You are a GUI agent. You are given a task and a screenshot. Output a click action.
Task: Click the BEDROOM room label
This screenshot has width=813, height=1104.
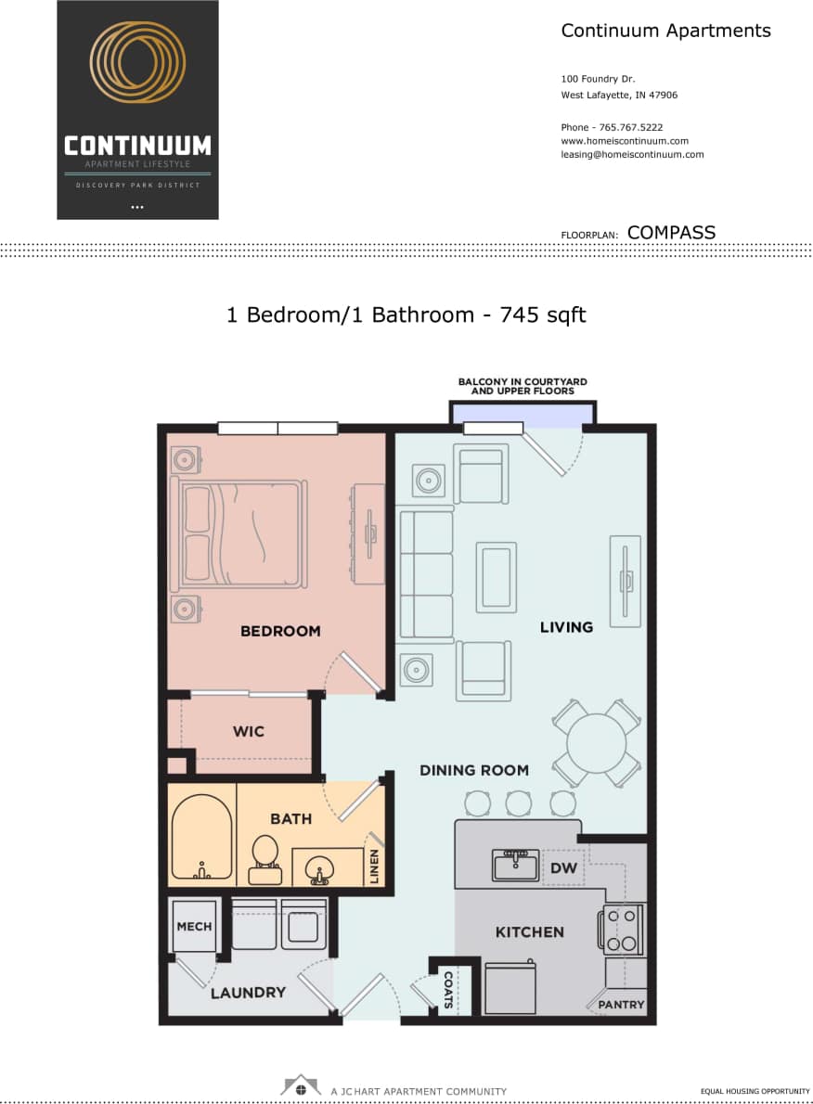(x=279, y=631)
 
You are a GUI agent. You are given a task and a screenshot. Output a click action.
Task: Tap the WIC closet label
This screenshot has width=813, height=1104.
(x=248, y=731)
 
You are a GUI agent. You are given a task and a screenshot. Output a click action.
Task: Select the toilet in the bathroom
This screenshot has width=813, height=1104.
(x=265, y=858)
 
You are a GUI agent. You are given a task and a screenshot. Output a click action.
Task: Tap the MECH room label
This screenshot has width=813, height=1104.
(x=194, y=926)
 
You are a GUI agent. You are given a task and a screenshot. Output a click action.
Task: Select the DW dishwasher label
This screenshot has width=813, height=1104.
(x=563, y=868)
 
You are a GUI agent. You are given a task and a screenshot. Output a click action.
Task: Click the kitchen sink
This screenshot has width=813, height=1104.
(x=515, y=866)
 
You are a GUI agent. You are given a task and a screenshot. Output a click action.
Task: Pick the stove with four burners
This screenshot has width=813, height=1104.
(x=622, y=931)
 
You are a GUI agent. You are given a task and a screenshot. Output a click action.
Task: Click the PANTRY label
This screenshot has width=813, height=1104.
(x=621, y=1005)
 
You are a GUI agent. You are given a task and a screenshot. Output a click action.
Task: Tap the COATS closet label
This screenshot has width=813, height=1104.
(x=448, y=990)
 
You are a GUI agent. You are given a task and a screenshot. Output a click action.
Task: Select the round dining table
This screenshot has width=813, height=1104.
(x=596, y=742)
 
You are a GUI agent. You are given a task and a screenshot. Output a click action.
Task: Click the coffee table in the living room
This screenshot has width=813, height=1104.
(x=496, y=577)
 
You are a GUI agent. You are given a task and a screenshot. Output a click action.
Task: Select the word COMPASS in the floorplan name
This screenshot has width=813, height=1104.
(x=671, y=233)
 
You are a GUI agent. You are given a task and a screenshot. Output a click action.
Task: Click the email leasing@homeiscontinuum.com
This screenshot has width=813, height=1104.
(x=632, y=155)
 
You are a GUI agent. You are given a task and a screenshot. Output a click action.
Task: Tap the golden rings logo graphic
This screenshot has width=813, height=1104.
(x=137, y=63)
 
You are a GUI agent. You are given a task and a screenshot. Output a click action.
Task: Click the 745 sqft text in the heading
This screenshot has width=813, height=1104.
(x=543, y=315)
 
